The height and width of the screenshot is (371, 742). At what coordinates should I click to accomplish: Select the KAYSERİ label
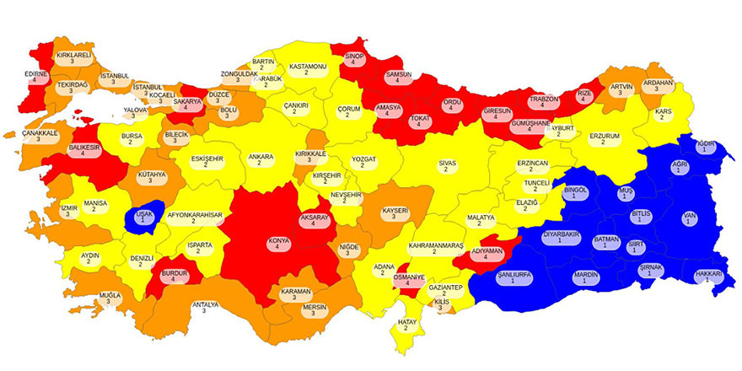pyautogui.click(x=395, y=213)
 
